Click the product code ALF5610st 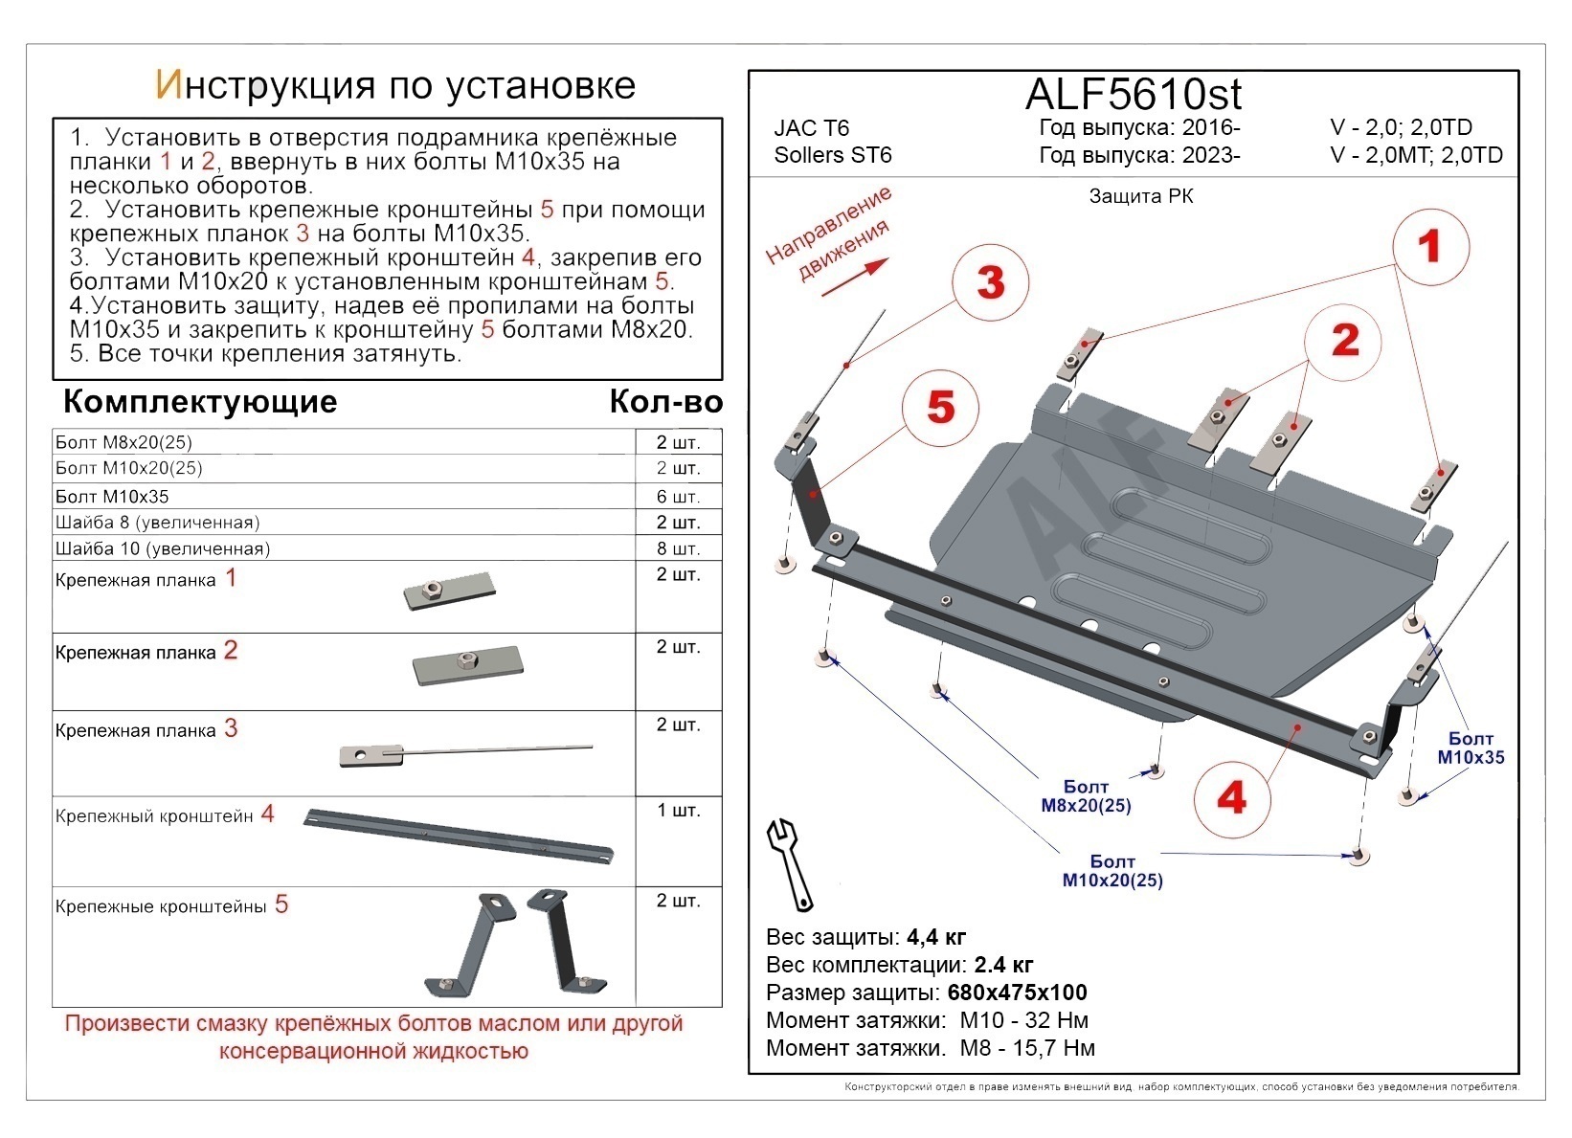(x=1134, y=94)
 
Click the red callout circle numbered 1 (x=1429, y=246)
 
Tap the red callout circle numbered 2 (x=1345, y=340)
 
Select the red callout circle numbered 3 (x=990, y=282)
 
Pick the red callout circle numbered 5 (x=941, y=407)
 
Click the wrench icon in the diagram (x=791, y=863)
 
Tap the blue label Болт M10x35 (x=1471, y=748)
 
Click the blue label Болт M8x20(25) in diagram (x=1086, y=796)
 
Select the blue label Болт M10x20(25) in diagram (x=1112, y=871)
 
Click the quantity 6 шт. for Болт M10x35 (x=678, y=497)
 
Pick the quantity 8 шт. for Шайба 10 (x=678, y=548)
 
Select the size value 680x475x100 (x=1017, y=993)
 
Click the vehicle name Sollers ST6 (x=832, y=155)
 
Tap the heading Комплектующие (x=199, y=401)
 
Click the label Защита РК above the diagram (x=1140, y=196)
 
